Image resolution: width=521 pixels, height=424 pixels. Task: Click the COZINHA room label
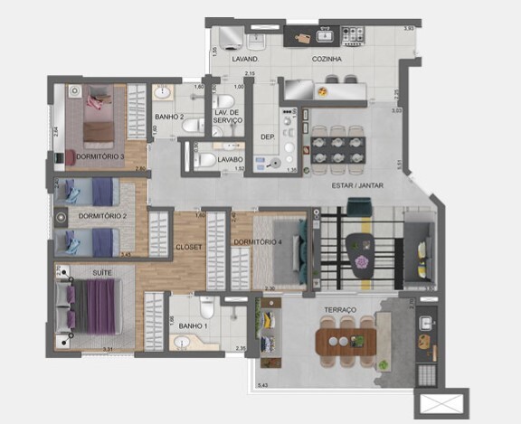pyautogui.click(x=327, y=59)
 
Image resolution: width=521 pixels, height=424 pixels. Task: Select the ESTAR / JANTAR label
pyautogui.click(x=359, y=185)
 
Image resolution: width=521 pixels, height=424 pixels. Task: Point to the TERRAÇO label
pyautogui.click(x=341, y=310)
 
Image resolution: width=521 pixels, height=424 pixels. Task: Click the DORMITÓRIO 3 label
pyautogui.click(x=100, y=156)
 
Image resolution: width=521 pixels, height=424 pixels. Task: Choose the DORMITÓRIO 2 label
pyautogui.click(x=102, y=216)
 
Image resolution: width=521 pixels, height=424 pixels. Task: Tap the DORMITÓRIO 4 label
pyautogui.click(x=257, y=242)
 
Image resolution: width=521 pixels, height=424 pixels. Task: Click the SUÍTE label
pyautogui.click(x=101, y=271)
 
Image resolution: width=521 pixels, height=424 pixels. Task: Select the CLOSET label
pyautogui.click(x=189, y=246)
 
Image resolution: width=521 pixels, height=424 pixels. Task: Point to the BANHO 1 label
pyautogui.click(x=193, y=325)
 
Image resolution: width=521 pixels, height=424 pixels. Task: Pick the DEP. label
pyautogui.click(x=268, y=137)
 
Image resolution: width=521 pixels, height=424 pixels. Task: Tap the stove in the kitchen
pyautogui.click(x=351, y=36)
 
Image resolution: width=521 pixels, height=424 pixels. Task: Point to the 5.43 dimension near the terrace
pyautogui.click(x=263, y=386)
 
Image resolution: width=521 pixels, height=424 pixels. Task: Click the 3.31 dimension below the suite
pyautogui.click(x=107, y=349)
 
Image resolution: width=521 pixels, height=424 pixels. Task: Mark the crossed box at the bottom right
pyautogui.click(x=440, y=403)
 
